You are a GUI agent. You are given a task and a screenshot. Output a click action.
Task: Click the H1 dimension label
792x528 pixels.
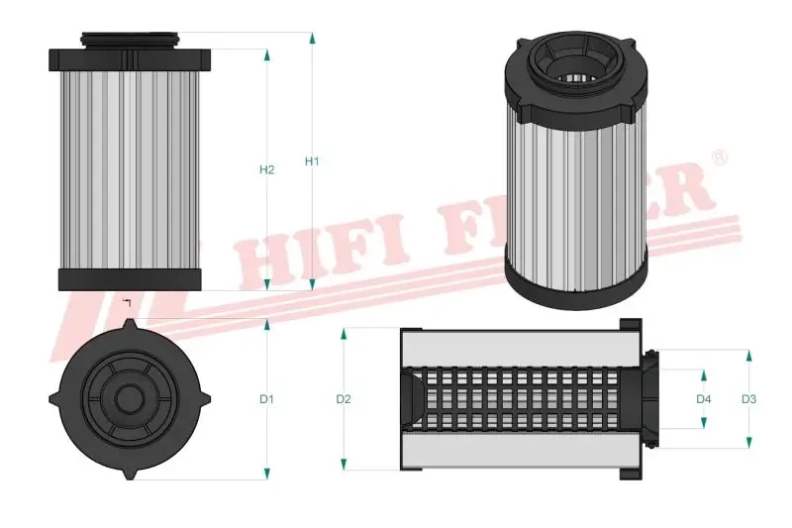coord(312,160)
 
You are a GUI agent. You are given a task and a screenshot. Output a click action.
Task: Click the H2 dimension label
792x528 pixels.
coord(266,170)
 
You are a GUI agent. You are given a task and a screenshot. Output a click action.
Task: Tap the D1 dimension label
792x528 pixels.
coord(266,399)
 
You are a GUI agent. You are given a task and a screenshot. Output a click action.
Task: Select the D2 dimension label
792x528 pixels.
coord(344,399)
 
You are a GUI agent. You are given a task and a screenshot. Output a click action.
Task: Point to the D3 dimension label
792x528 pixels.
coord(749,399)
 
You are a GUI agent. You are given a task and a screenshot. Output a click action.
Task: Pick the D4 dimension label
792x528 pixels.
coord(704,399)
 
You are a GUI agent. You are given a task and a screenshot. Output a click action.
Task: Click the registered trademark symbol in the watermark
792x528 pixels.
coord(720,158)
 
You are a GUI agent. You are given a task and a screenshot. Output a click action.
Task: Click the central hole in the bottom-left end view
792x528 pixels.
coord(129,399)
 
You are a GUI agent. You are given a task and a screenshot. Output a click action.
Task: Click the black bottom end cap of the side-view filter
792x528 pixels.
coord(130,278)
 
